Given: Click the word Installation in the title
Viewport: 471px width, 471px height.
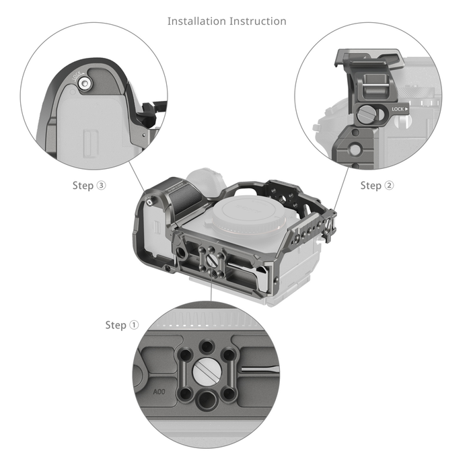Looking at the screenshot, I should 196,21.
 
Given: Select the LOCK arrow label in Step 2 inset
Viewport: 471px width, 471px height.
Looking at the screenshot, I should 400,108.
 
